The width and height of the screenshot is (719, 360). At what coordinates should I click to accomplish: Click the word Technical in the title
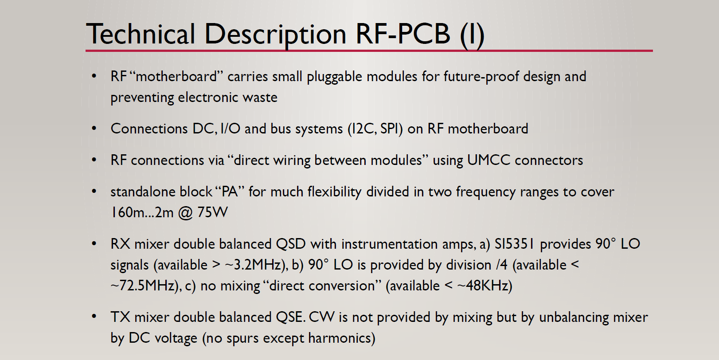tap(141, 34)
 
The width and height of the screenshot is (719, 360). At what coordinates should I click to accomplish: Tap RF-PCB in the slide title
tap(403, 34)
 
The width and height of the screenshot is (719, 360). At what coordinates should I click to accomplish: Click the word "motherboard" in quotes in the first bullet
tap(177, 76)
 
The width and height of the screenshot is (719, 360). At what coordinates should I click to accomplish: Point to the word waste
tap(260, 97)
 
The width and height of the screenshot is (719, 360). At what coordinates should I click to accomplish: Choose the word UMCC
tap(488, 160)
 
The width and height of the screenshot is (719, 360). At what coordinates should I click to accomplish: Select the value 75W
tap(212, 212)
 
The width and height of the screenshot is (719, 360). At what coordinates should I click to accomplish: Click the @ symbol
tap(185, 213)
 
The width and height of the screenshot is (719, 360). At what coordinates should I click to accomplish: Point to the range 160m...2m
tap(142, 212)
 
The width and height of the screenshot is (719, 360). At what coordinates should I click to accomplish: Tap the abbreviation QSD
tap(291, 244)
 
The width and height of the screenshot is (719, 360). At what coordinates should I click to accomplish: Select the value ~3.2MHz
tap(255, 265)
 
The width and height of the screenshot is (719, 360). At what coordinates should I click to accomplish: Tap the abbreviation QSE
tap(290, 317)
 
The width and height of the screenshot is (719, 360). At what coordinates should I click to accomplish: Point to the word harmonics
tap(341, 338)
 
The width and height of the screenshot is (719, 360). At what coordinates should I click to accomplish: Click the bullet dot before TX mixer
tap(94, 317)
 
